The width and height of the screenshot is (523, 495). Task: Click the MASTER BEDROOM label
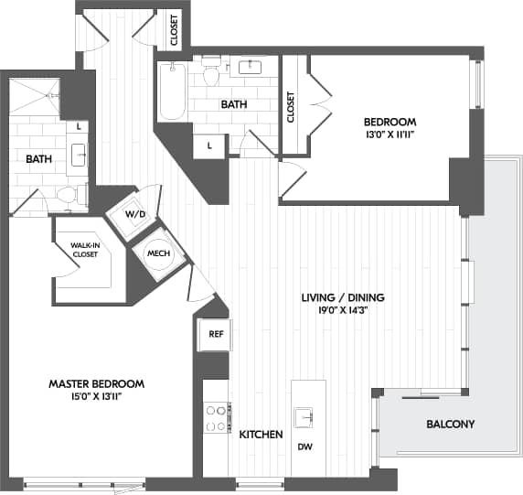click(x=96, y=383)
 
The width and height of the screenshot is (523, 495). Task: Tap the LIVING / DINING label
click(x=343, y=297)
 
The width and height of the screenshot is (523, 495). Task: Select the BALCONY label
click(x=450, y=425)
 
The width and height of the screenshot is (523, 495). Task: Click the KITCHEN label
click(x=261, y=435)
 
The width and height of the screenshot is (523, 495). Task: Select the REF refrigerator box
click(x=216, y=335)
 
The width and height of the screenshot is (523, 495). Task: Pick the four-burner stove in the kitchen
click(x=216, y=419)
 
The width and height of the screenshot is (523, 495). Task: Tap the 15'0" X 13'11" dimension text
click(x=96, y=396)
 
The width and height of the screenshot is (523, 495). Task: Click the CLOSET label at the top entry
click(x=174, y=30)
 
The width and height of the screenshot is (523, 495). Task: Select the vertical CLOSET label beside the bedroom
click(x=292, y=106)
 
